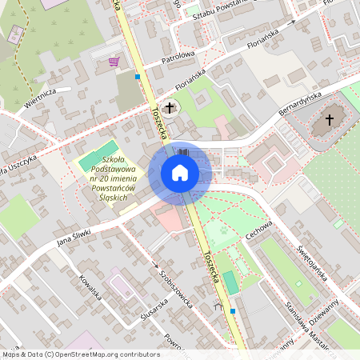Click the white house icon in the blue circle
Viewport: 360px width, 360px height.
pos(180,173)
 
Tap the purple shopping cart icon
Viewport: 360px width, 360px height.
pos(114,61)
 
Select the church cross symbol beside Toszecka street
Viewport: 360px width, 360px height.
pos(169,107)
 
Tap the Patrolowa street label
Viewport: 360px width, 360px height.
pos(178,55)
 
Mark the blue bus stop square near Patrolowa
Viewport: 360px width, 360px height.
pos(138,78)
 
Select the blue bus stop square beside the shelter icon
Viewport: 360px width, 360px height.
pos(233,310)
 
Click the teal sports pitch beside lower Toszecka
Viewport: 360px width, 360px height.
pos(230,282)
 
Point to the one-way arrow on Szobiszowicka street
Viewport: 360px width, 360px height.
pos(154,264)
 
